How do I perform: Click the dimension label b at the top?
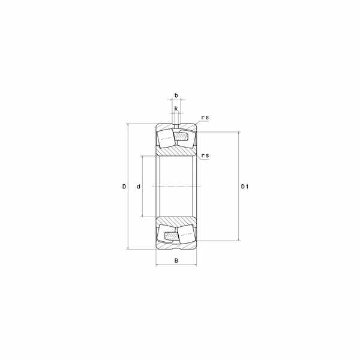(x=176, y=95)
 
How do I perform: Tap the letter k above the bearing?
(x=176, y=108)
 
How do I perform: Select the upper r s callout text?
(x=205, y=118)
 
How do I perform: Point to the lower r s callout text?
(x=205, y=155)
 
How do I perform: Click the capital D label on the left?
(x=124, y=187)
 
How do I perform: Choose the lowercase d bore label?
(x=139, y=187)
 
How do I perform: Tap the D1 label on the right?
(x=245, y=187)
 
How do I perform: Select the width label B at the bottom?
(x=176, y=260)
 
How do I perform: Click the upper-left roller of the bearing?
(x=166, y=138)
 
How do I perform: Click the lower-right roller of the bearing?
(x=187, y=234)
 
